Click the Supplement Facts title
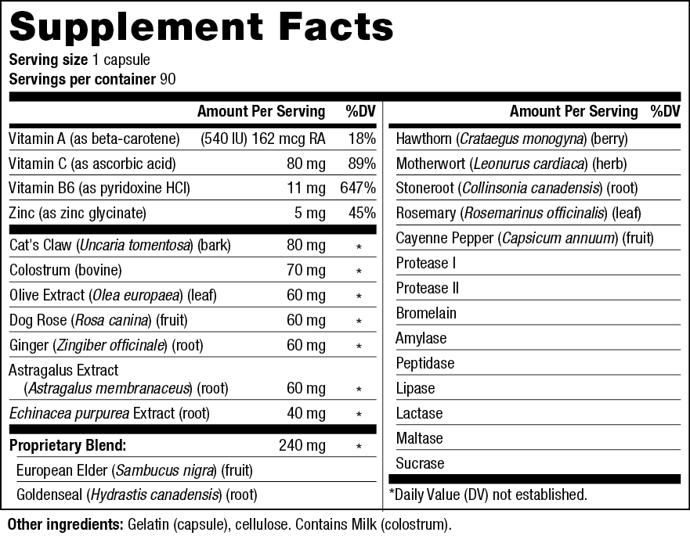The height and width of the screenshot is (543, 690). [201, 27]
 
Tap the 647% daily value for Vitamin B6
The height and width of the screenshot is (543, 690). [358, 189]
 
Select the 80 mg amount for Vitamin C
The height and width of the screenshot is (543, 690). [306, 164]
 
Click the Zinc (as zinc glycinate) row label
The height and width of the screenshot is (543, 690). [78, 214]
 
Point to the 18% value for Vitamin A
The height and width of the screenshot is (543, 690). [362, 139]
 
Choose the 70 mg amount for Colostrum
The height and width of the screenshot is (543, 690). [306, 270]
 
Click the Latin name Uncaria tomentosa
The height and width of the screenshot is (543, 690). [135, 246]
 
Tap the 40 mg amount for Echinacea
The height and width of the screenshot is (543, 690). [306, 413]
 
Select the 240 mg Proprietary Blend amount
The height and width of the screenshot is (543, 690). [302, 445]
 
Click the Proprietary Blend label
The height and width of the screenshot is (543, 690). [68, 445]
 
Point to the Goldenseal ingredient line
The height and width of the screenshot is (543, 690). [137, 495]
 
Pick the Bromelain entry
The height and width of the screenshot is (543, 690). [426, 313]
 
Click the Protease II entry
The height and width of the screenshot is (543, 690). [428, 288]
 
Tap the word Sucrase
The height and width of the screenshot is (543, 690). [420, 463]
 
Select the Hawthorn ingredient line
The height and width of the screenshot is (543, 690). [511, 139]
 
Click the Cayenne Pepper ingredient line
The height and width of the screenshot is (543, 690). [525, 239]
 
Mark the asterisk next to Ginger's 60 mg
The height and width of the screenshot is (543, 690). [359, 346]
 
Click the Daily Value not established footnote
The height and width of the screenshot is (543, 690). [489, 494]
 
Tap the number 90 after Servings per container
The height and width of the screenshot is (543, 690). [168, 79]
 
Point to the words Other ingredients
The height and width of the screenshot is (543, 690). [66, 524]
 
